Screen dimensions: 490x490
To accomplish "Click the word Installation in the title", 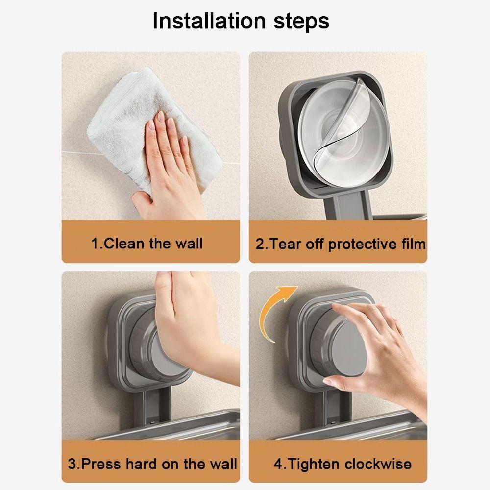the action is point(209,21).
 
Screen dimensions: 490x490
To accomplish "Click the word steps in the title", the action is point(301,22).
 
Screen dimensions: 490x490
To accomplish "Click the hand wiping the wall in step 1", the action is point(169,166).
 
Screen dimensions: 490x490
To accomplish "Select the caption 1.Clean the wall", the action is point(147,244).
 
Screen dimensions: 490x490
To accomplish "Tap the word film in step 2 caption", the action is point(414,244).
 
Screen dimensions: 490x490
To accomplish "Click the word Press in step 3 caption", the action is point(101,464).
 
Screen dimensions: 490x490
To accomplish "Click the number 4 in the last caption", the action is point(278,464).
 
